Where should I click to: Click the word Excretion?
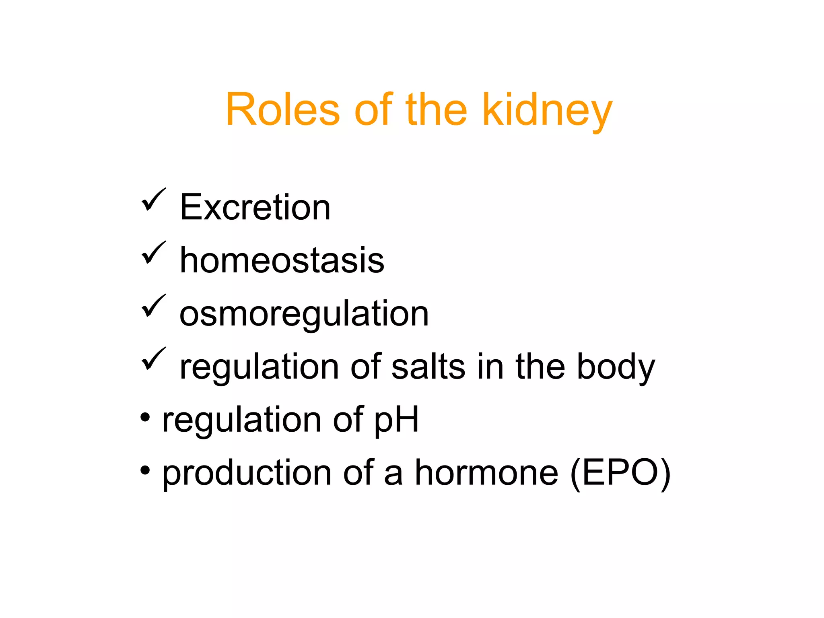pos(255,207)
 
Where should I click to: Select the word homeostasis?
pos(282,260)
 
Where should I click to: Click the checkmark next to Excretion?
pos(153,200)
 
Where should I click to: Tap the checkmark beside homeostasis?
pos(153,253)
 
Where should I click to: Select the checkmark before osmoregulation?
pos(153,306)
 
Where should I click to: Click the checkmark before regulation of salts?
pos(153,359)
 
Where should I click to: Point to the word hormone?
pos(486,473)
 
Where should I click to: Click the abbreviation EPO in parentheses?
pos(620,473)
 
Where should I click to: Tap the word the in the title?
pos(436,109)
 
